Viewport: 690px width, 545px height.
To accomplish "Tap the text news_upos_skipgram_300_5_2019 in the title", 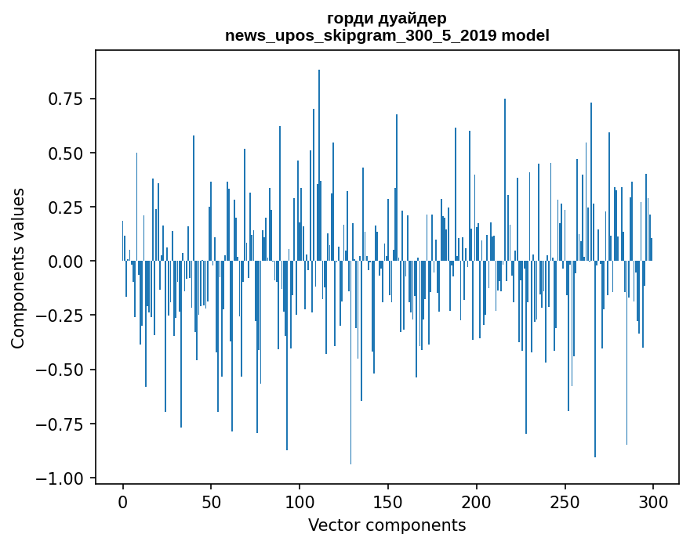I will click(x=361, y=35).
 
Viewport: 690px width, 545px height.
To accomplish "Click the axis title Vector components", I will click(x=387, y=525).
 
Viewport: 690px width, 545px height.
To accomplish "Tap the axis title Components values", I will click(x=18, y=268).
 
